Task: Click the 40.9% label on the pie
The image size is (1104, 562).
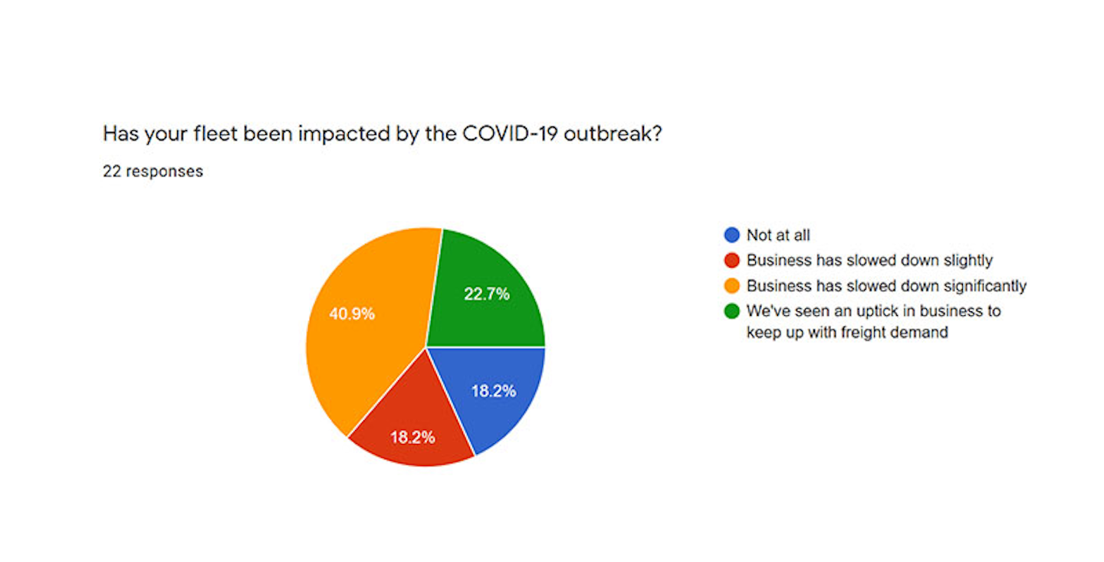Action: (352, 314)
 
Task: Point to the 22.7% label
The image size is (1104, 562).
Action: (487, 294)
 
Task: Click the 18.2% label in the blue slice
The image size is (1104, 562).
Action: (493, 391)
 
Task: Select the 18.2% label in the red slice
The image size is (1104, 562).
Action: (412, 438)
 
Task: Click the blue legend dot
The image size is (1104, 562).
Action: (732, 235)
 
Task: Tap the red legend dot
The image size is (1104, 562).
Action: (732, 261)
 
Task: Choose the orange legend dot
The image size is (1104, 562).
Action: (732, 286)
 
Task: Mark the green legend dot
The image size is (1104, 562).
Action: (732, 311)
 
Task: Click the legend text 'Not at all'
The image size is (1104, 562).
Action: (778, 235)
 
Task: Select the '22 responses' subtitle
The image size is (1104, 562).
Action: (153, 171)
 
